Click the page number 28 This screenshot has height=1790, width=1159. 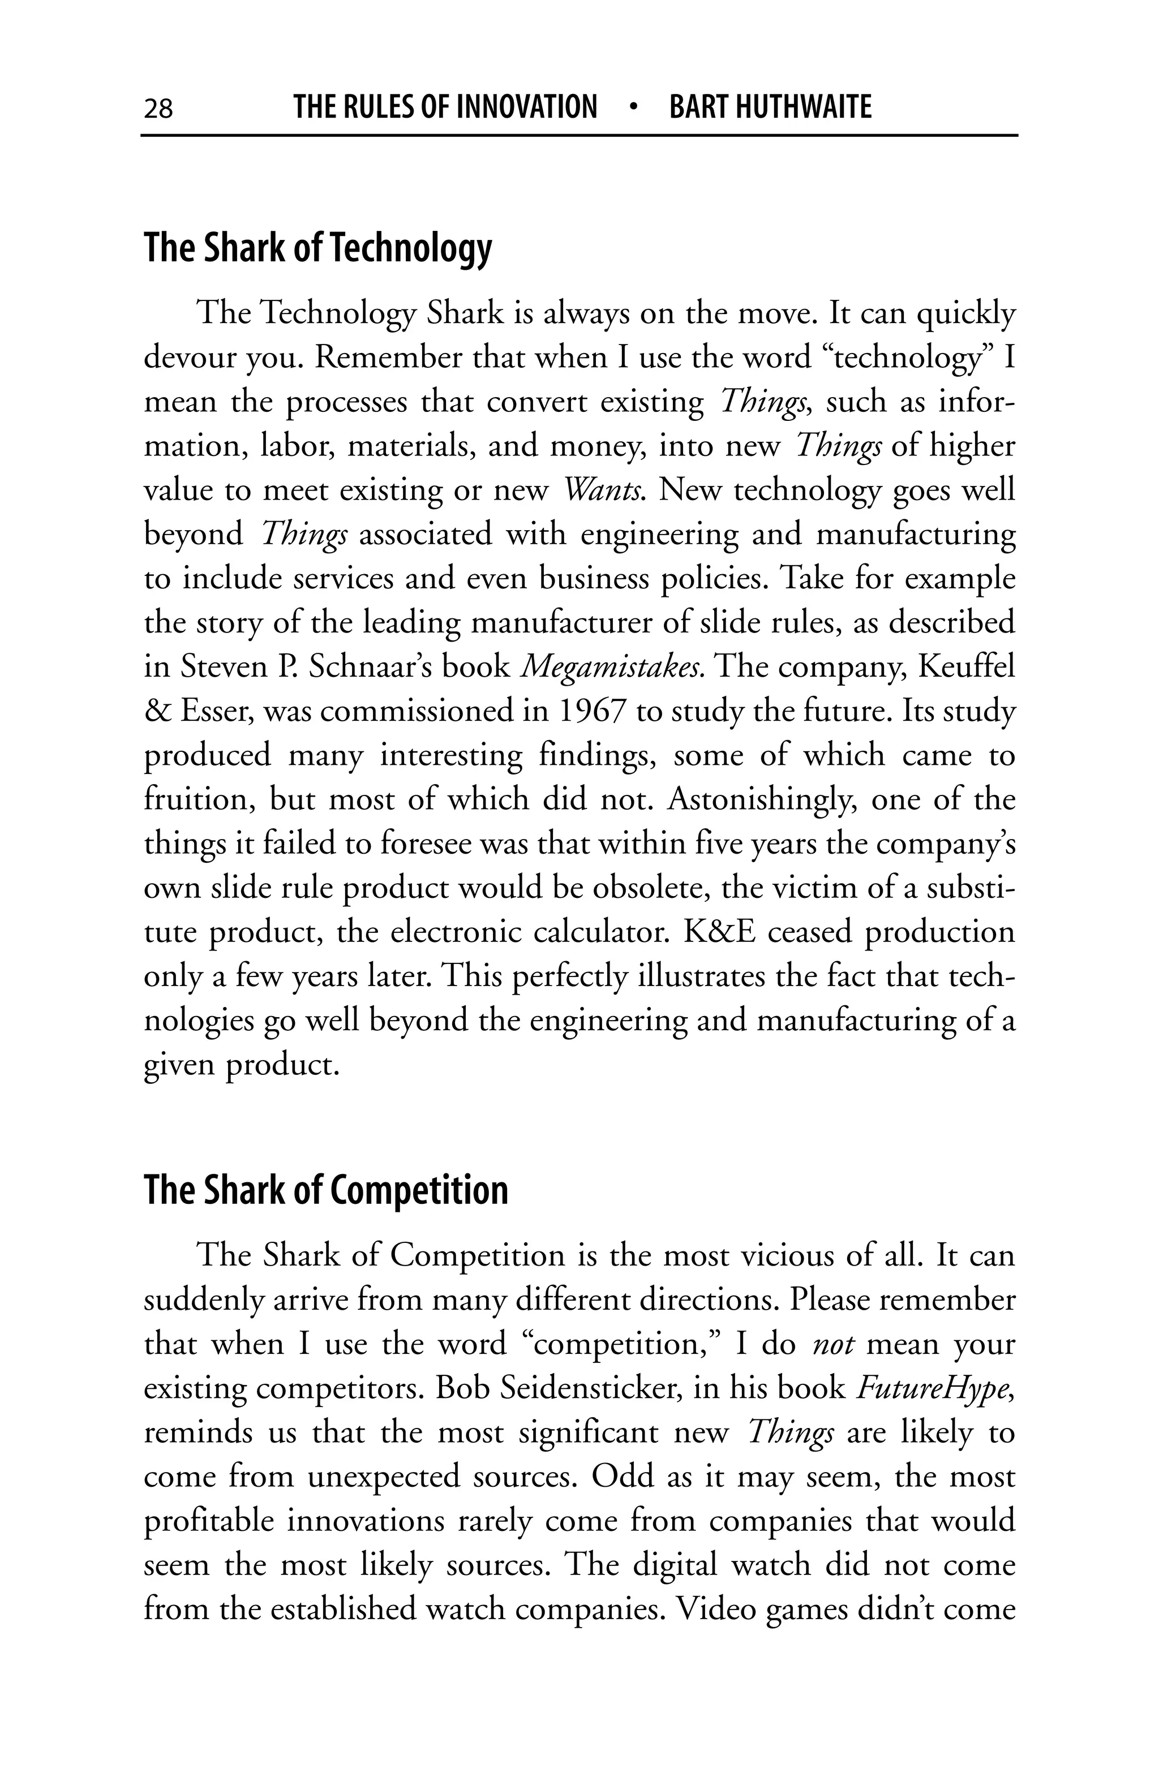coord(158,108)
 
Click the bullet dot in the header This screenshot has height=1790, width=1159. coord(633,107)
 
